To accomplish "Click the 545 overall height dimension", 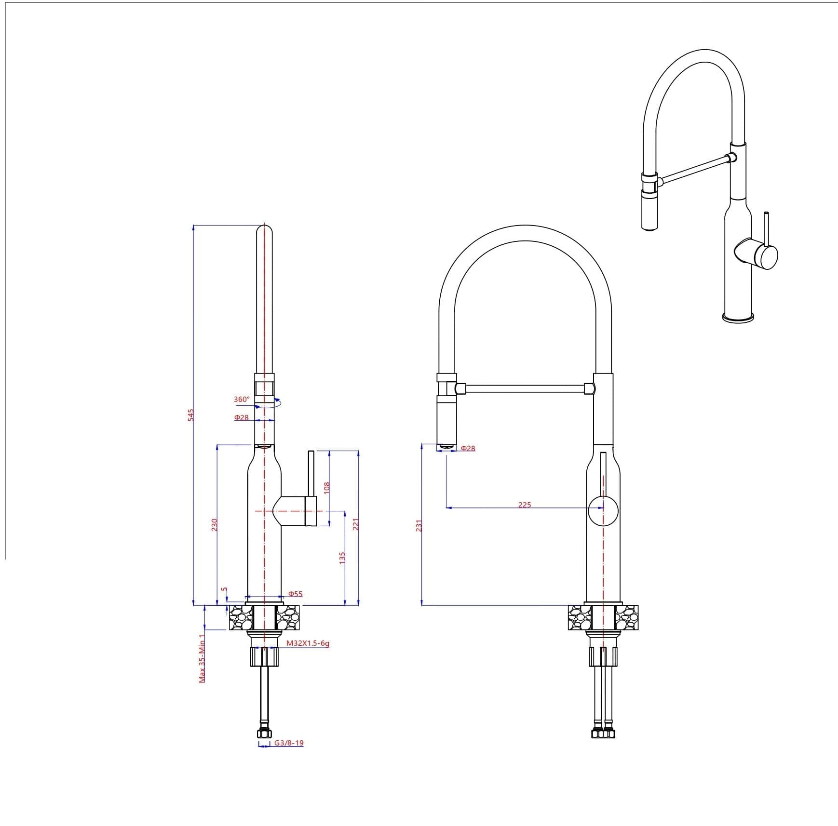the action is pos(190,415).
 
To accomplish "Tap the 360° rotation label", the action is pos(242,400).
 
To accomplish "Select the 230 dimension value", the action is pos(215,525).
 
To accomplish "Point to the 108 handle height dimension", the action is pos(326,488).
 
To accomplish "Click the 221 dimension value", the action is pos(356,524).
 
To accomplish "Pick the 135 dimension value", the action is pos(342,558).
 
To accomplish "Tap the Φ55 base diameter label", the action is pos(295,594).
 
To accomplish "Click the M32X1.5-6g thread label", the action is pos(308,643).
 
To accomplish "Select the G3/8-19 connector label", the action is pos(289,743).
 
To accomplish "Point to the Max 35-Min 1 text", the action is pos(202,658).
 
